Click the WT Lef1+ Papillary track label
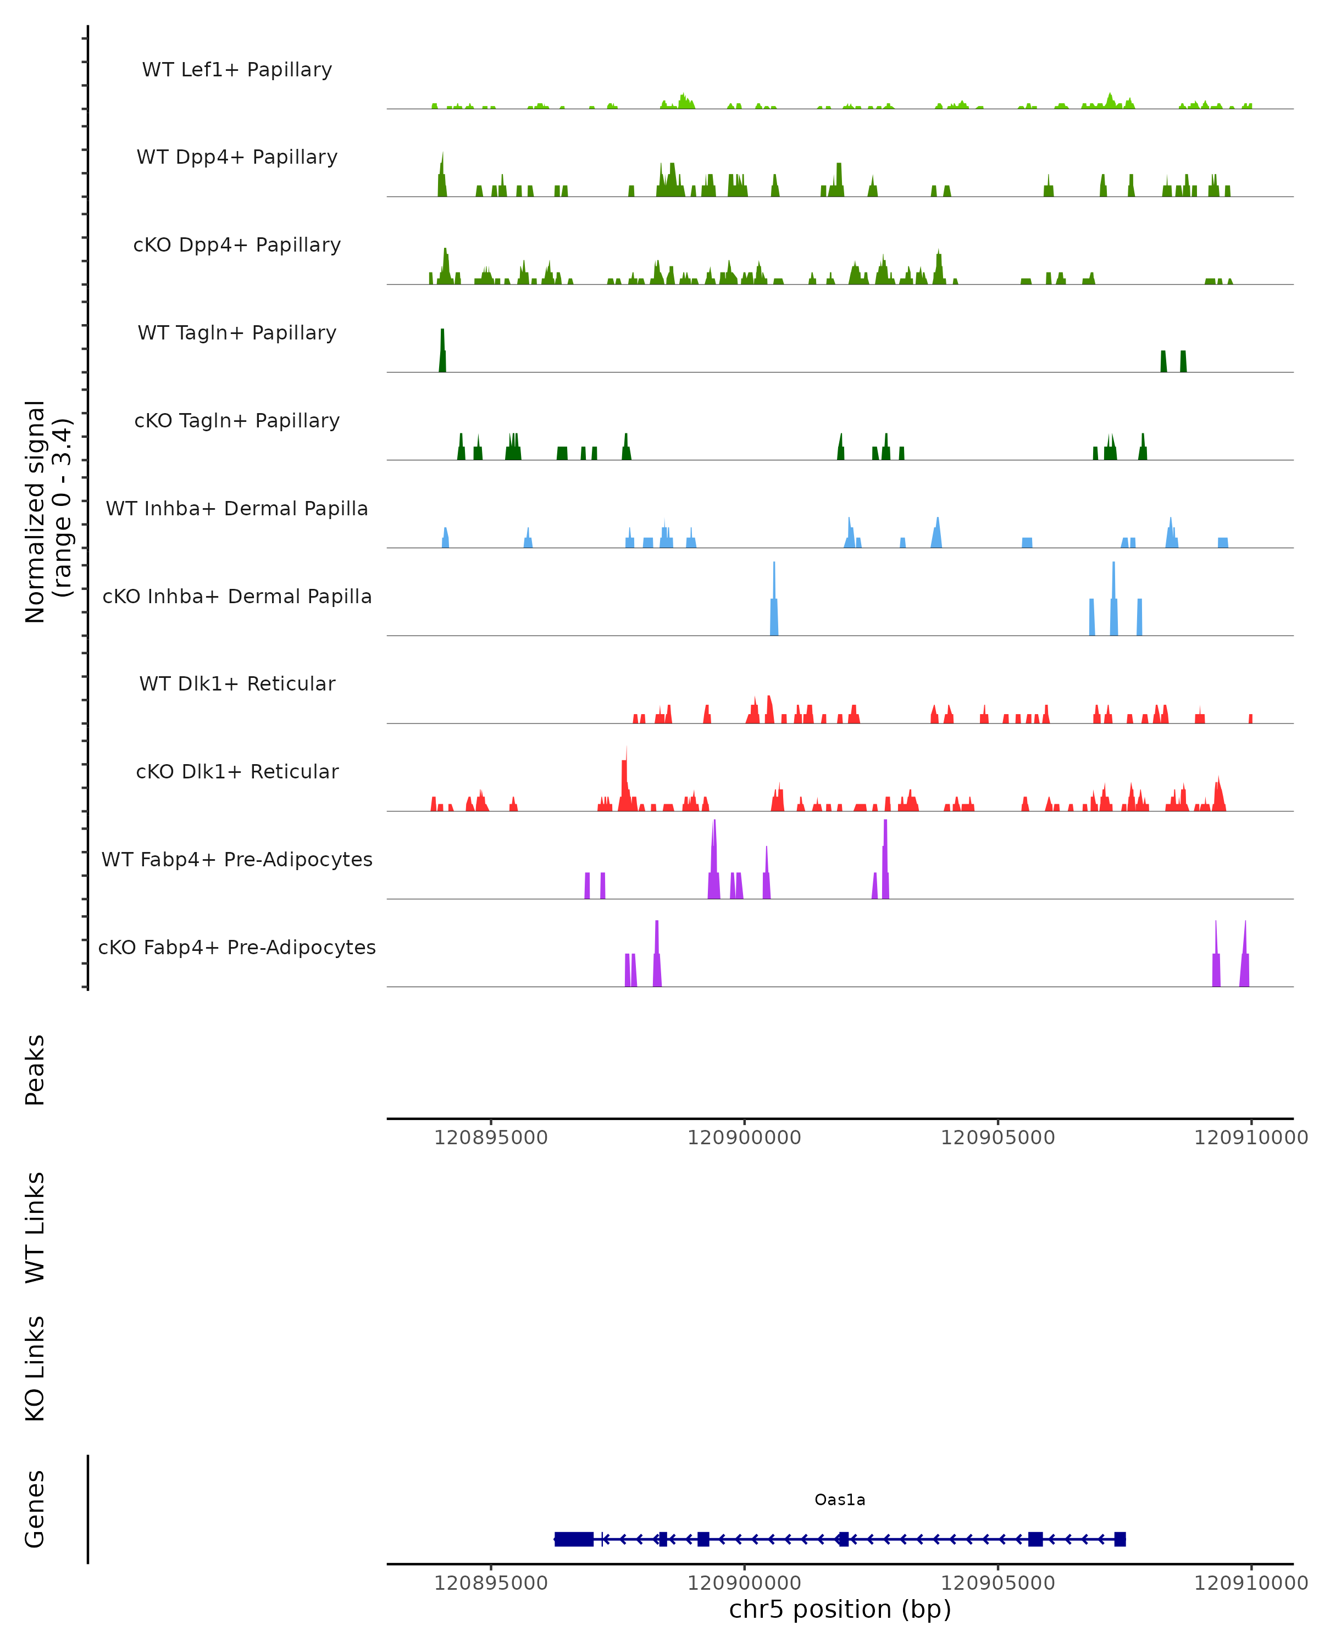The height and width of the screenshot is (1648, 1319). pos(237,70)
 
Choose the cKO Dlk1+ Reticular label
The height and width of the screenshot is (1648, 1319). pos(237,771)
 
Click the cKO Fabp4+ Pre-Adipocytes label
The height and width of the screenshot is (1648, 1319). pos(237,947)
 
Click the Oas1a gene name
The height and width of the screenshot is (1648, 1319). pos(840,1500)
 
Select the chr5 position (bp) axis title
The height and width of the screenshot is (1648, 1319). pos(840,1610)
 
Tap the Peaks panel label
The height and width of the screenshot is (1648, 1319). pos(35,1070)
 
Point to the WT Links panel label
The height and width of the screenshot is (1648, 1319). pos(35,1227)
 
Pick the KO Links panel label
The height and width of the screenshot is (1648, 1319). pos(35,1368)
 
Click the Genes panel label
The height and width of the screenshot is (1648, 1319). pos(35,1509)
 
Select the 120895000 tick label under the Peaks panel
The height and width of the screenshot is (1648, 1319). pos(491,1138)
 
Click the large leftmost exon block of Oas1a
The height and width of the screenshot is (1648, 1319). pos(573,1539)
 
